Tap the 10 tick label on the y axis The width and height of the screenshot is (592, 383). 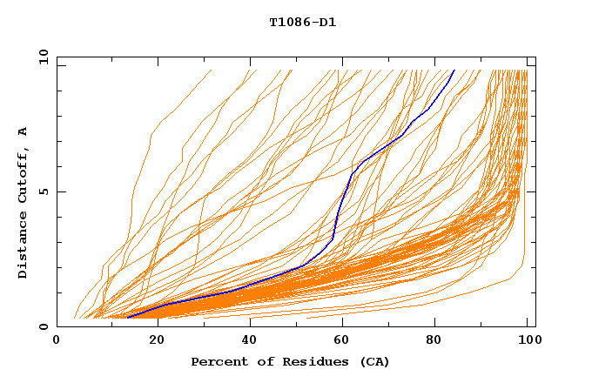click(x=42, y=57)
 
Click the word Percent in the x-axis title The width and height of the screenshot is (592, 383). click(x=218, y=361)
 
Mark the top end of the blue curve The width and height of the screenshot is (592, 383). click(x=454, y=71)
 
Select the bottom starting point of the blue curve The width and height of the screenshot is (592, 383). click(x=127, y=318)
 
